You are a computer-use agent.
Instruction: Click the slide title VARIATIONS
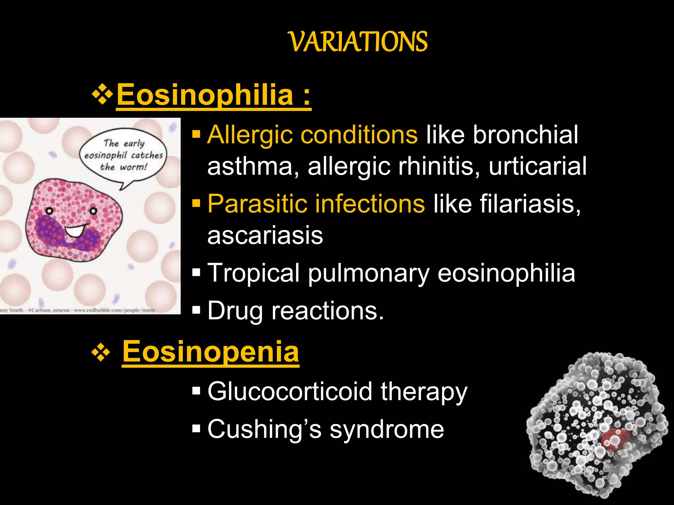(x=358, y=42)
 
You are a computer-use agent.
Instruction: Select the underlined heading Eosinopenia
(x=211, y=351)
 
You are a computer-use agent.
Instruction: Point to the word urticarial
(x=537, y=166)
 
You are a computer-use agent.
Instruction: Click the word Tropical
(x=253, y=273)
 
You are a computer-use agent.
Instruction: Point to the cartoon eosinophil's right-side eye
(x=94, y=211)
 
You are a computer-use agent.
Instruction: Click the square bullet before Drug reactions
(x=196, y=310)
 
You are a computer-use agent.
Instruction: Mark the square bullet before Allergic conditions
(x=196, y=134)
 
